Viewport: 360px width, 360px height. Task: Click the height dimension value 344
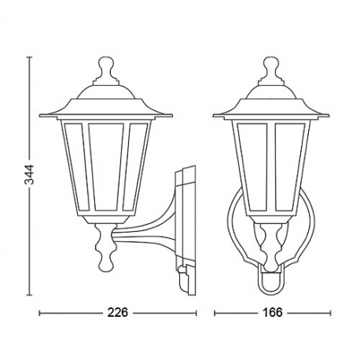pyautogui.click(x=30, y=174)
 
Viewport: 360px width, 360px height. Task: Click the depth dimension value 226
pyautogui.click(x=118, y=313)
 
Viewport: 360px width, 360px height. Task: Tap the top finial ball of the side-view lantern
pyautogui.click(x=106, y=64)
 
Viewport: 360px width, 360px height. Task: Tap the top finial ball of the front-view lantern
pyautogui.click(x=271, y=64)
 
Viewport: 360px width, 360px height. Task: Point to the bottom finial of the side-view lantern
pyautogui.click(x=105, y=245)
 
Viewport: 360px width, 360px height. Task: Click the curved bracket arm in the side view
pyautogui.click(x=147, y=228)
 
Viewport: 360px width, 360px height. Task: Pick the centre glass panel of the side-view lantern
pyautogui.click(x=106, y=166)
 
